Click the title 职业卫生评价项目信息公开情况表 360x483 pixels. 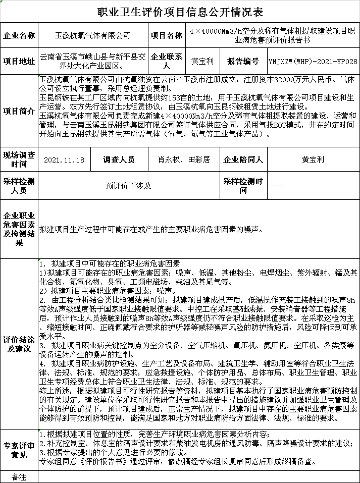pos(179,12)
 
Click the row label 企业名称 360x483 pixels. pos(19,36)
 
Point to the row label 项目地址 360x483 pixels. pos(19,61)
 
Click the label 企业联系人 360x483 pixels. pos(166,61)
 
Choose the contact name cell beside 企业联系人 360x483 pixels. pos(202,61)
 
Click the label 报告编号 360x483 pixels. pos(243,61)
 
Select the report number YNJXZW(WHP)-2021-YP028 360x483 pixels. pos(313,61)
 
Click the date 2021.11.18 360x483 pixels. pos(64,160)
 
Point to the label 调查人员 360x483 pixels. pos(119,160)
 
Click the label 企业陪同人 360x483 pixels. pos(243,160)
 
